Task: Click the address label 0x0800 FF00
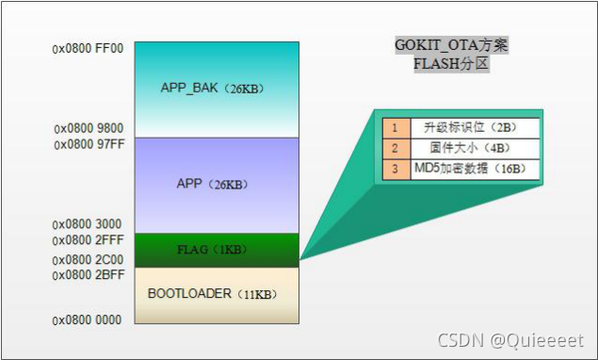pos(88,45)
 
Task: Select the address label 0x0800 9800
pos(88,128)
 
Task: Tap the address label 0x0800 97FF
pos(88,144)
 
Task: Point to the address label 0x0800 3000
pos(88,224)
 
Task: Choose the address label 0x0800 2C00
pos(88,259)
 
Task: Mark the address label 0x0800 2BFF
pos(88,275)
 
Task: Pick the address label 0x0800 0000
pos(88,319)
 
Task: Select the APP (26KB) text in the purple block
pos(216,183)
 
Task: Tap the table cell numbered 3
pos(396,170)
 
